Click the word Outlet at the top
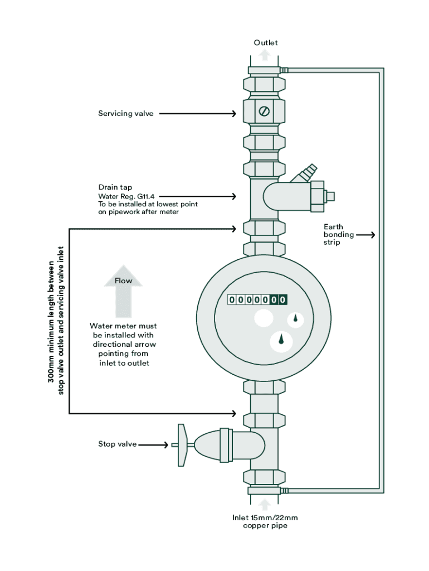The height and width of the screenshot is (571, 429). click(266, 43)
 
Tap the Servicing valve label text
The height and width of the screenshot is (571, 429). click(126, 114)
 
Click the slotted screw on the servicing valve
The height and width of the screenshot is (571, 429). click(265, 111)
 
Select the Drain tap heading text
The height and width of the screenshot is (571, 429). click(116, 187)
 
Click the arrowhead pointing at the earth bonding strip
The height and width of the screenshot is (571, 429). click(372, 235)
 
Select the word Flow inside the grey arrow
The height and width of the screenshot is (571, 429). click(123, 280)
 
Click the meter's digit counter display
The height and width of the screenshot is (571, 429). click(257, 300)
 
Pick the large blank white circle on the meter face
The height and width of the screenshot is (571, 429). click(264, 318)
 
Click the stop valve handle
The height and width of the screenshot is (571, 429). click(182, 444)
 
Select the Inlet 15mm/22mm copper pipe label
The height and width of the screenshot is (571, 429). click(265, 521)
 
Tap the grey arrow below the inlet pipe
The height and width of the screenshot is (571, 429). click(265, 504)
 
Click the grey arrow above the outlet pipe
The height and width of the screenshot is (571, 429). click(265, 55)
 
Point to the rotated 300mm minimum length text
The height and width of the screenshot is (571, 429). click(56, 321)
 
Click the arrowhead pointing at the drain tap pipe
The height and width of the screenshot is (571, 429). click(235, 196)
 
